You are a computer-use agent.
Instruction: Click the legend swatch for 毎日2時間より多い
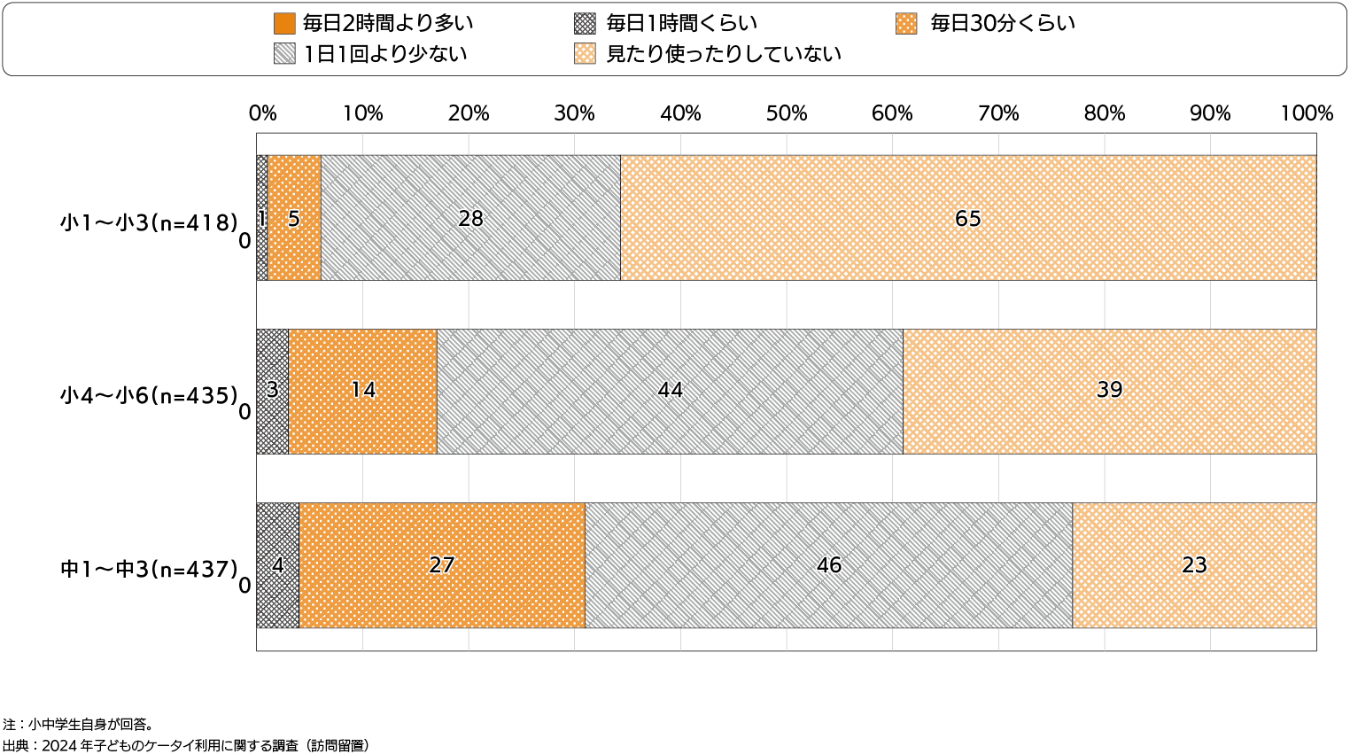pos(284,24)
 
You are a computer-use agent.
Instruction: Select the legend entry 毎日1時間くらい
pos(681,24)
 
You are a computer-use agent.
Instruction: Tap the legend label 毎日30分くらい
pos(1002,24)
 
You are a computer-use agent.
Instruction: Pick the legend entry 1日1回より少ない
pos(384,54)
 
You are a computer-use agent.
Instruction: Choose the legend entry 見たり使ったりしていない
pos(723,54)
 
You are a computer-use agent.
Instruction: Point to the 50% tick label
pos(787,113)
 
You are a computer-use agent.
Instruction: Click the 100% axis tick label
pos(1306,113)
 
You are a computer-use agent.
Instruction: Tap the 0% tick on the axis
pos(262,113)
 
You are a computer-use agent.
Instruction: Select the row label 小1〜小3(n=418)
pos(149,222)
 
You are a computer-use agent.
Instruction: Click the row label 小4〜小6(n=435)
pos(149,395)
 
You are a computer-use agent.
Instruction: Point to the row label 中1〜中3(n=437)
pos(149,569)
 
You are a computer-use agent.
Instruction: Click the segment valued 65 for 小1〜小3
pos(967,218)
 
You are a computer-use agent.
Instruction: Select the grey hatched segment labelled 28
pos(470,218)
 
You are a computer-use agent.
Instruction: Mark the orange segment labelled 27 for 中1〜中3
pos(441,565)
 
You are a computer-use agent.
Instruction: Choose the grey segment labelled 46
pos(828,565)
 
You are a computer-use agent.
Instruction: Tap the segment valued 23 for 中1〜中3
pos(1194,565)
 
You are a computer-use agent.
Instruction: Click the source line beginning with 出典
pos(186,746)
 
